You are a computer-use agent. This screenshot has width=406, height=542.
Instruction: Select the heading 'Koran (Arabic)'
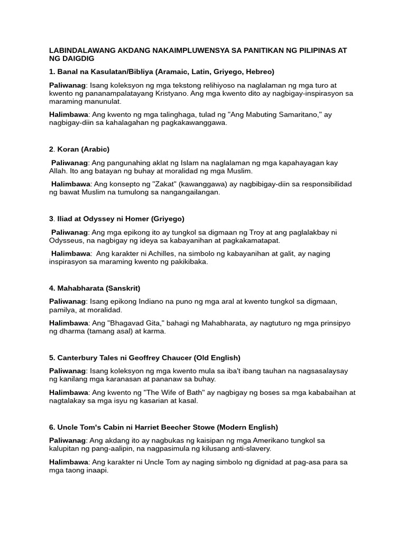pyautogui.click(x=82, y=149)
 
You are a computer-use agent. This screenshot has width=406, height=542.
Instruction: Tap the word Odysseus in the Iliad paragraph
pyautogui.click(x=68, y=240)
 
